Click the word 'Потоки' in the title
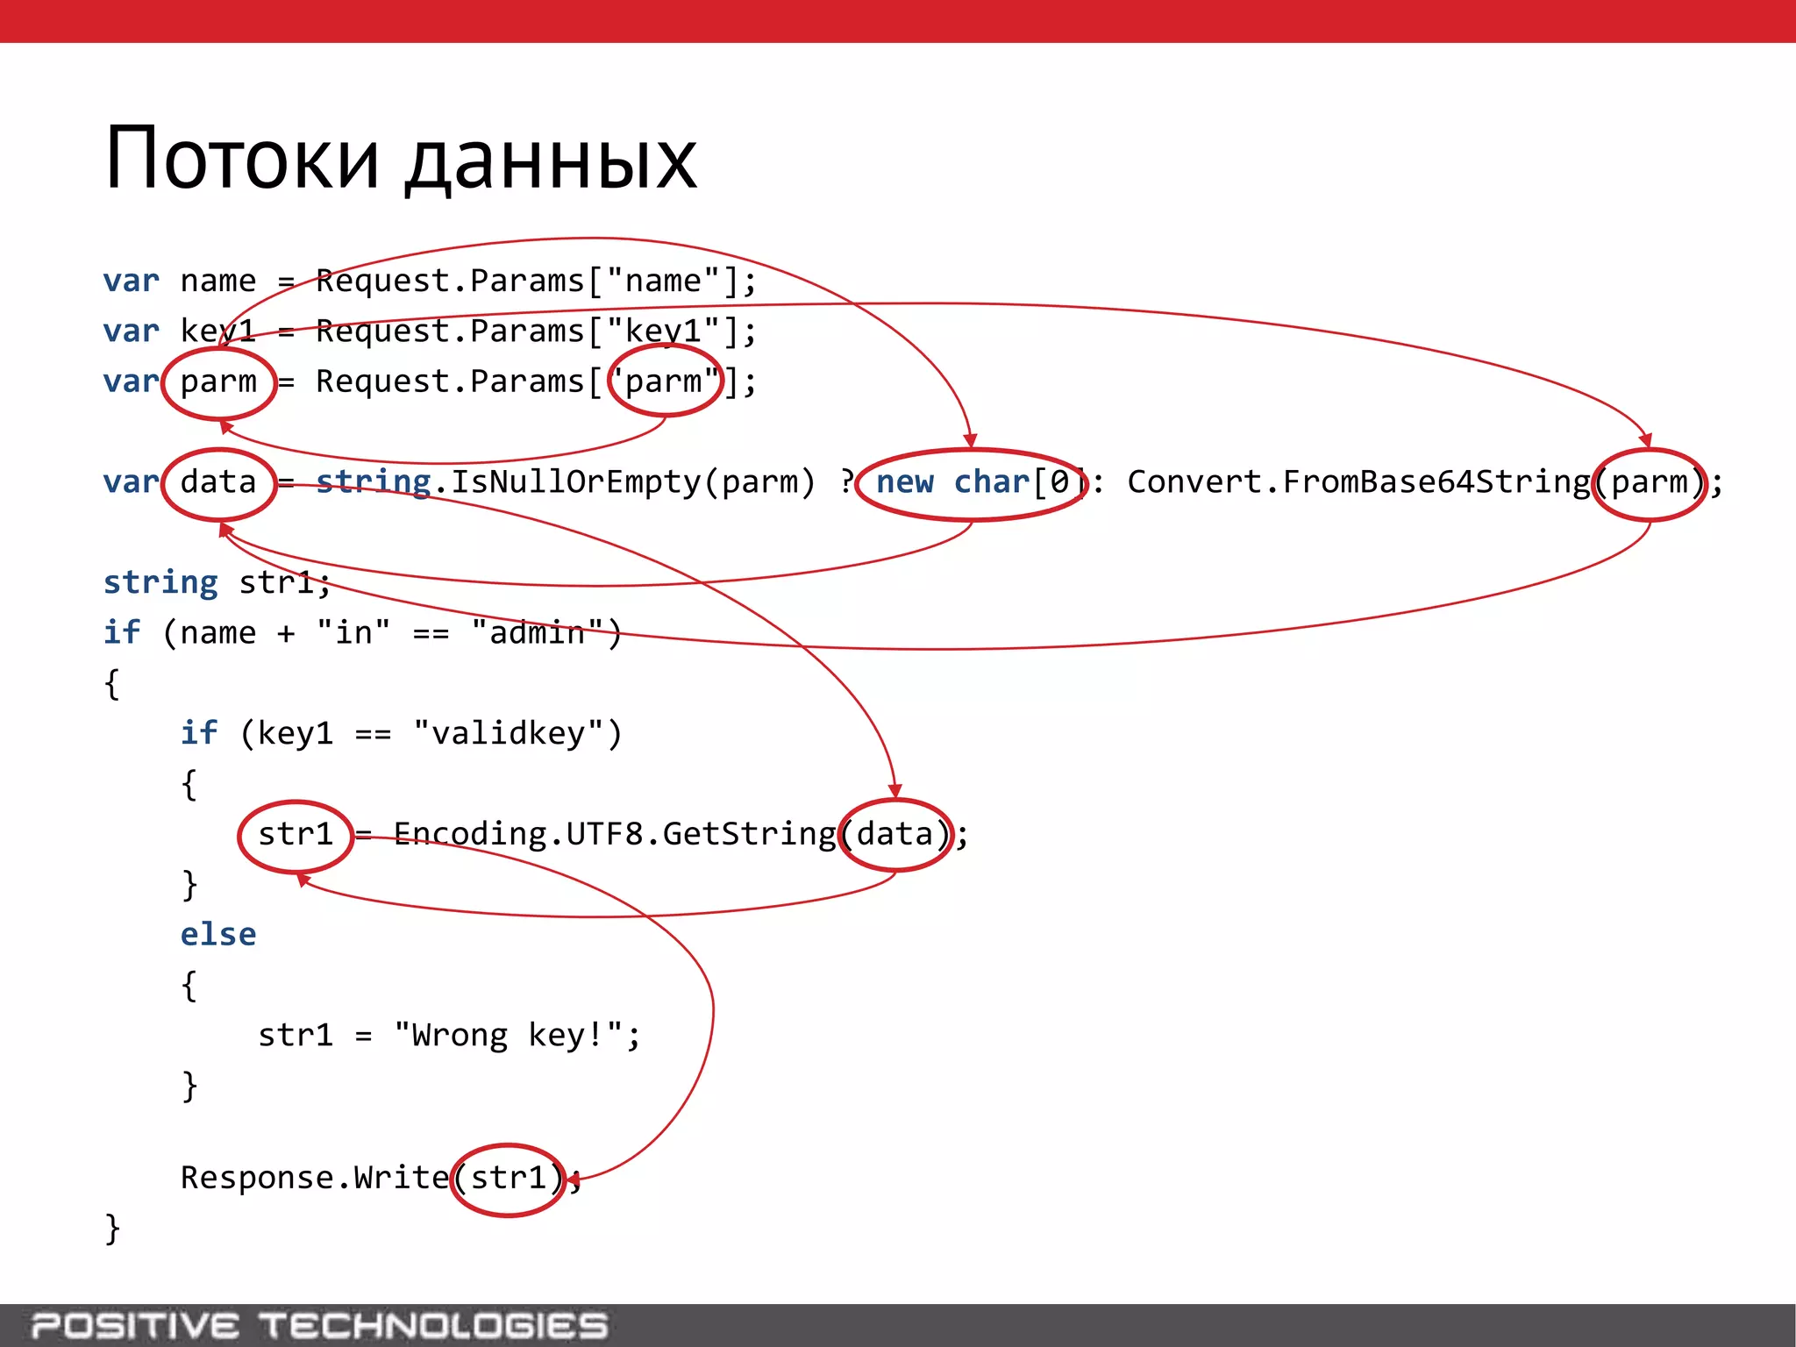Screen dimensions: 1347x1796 [242, 160]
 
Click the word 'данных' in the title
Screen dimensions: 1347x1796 [551, 163]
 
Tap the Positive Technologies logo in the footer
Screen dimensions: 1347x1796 [319, 1325]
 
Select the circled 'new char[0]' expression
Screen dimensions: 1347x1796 [972, 483]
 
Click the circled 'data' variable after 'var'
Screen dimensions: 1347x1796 [219, 483]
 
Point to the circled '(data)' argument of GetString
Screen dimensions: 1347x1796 [895, 834]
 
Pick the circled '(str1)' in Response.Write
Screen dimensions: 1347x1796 [509, 1179]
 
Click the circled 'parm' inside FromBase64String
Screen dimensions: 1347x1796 [1650, 483]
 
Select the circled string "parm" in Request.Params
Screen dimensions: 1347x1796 [666, 381]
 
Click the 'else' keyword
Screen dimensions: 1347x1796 [218, 935]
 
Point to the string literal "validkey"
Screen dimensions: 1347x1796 [509, 733]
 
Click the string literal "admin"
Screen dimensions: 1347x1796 [538, 632]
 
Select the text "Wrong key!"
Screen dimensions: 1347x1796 [509, 1036]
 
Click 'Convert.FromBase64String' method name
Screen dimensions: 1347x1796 [1358, 482]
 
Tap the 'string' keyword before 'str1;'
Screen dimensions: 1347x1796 [160, 582]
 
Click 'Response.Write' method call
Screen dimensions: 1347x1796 [314, 1178]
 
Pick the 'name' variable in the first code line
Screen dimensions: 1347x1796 [218, 282]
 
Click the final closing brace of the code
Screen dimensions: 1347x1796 [112, 1229]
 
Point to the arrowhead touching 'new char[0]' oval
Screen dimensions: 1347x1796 [970, 441]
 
